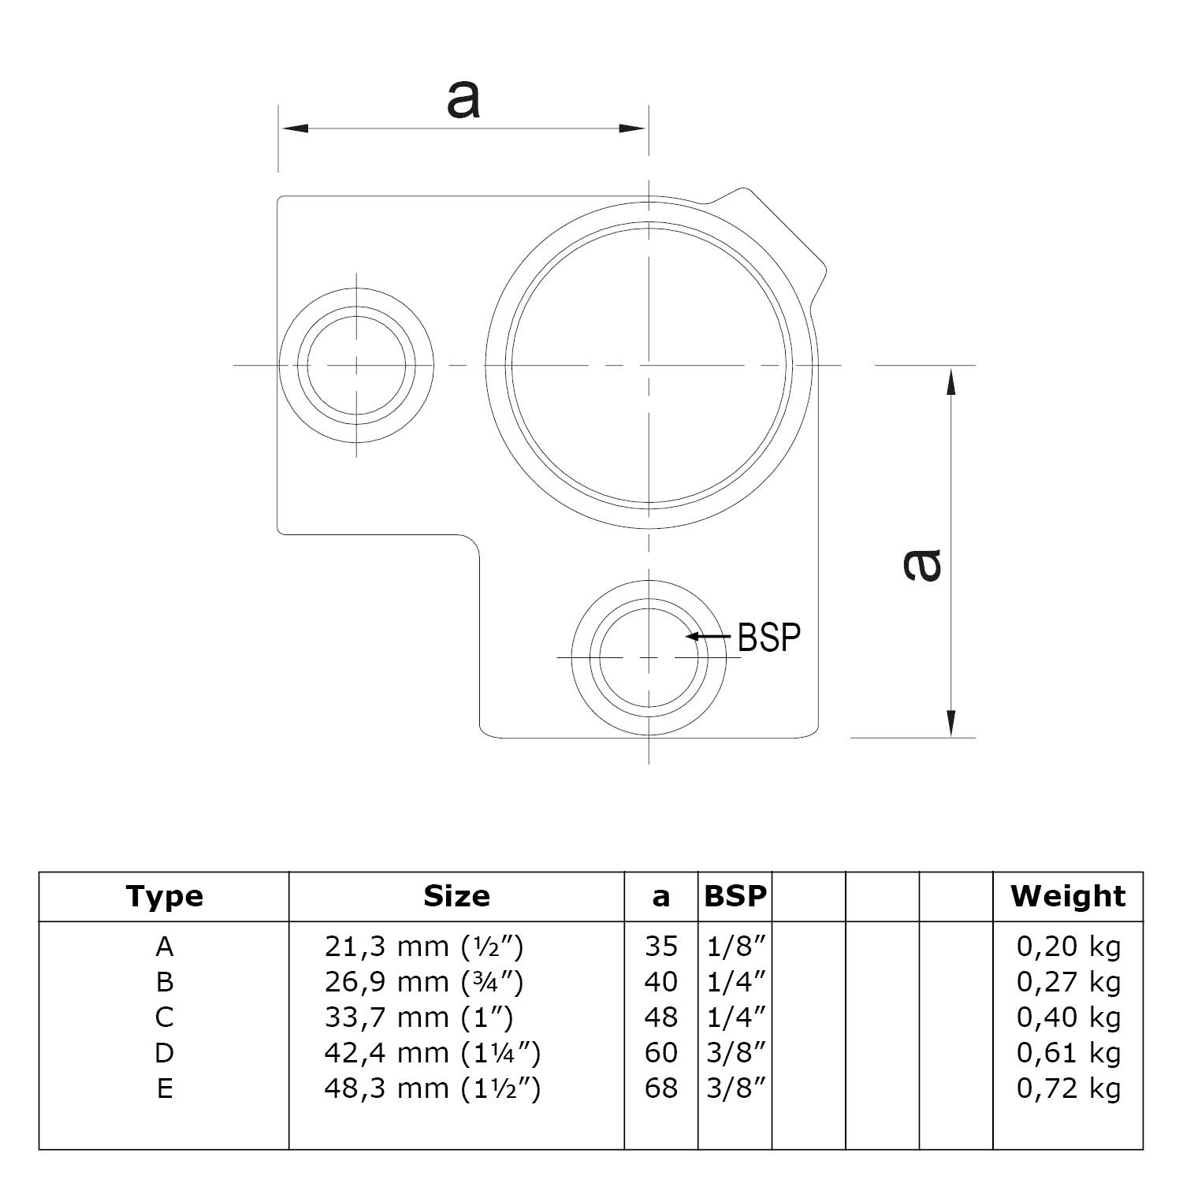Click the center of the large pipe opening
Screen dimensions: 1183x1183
(649, 366)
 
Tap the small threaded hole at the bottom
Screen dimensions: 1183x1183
(649, 657)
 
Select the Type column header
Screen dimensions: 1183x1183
(164, 896)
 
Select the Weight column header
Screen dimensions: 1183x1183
(1068, 896)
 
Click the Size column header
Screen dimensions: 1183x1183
(456, 896)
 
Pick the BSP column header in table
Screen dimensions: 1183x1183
(735, 896)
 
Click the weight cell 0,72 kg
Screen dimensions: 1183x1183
(1068, 1088)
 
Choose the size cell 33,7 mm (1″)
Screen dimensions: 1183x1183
(419, 1017)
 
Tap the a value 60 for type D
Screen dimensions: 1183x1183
(660, 1053)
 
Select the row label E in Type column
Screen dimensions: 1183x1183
(164, 1088)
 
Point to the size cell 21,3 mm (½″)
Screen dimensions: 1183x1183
(423, 947)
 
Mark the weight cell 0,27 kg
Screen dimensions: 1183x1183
(1068, 982)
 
